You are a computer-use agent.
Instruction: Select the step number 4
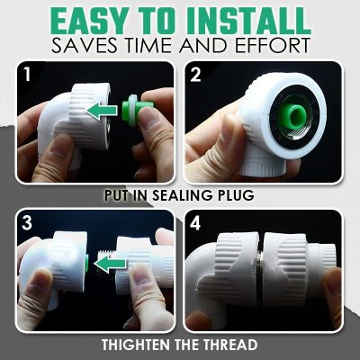[195, 221]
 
